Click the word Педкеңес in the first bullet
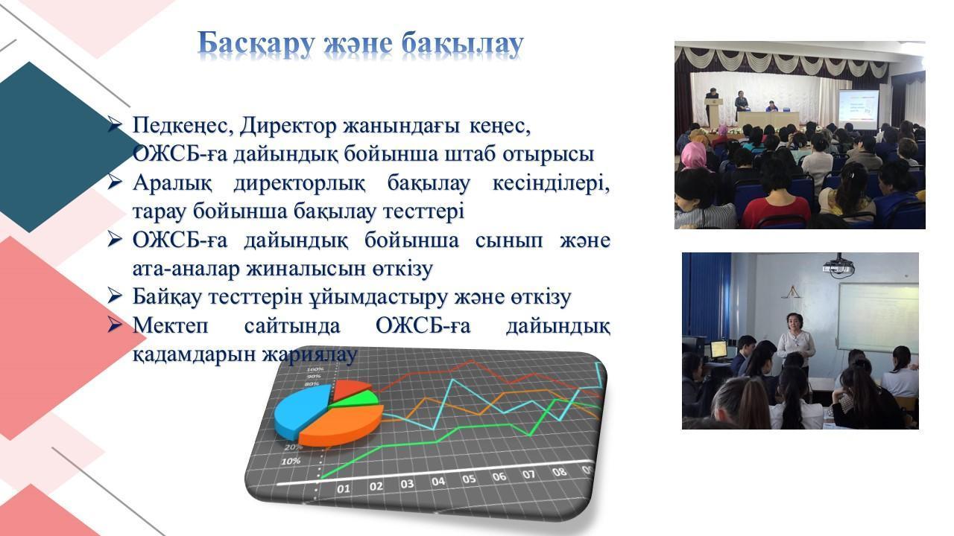coord(183,126)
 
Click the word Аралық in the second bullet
coord(172,183)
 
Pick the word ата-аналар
coord(186,269)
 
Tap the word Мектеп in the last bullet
coord(171,325)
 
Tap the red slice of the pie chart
coord(350,389)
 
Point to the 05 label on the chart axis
coord(469,479)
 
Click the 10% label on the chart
coord(291,461)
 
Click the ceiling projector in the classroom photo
coord(839,267)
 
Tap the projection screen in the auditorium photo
coord(859,109)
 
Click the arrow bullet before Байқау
coord(115,296)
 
